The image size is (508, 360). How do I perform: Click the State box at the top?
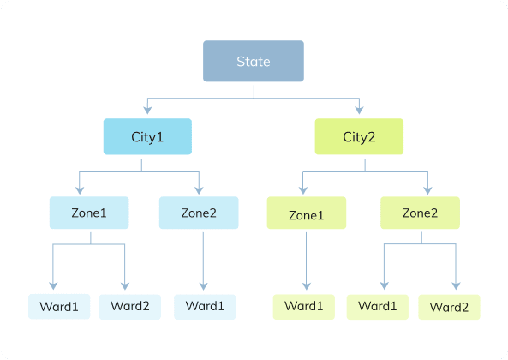[x=254, y=61]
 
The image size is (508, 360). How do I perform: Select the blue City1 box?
[x=147, y=136]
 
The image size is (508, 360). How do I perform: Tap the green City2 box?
[x=359, y=136]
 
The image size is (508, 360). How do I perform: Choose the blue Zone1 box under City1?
[x=89, y=213]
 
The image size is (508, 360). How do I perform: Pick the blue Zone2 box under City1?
[x=199, y=213]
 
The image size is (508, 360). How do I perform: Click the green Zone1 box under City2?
[x=307, y=213]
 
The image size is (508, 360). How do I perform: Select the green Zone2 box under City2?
[x=420, y=213]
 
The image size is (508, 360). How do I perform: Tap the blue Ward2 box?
[x=130, y=307]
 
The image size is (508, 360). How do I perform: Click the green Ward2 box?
[x=450, y=307]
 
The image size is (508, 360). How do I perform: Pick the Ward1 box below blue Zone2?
[x=205, y=307]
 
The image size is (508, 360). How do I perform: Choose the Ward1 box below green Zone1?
[x=304, y=307]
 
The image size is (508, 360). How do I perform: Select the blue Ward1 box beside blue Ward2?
[x=59, y=307]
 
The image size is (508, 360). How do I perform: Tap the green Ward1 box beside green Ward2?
[x=378, y=307]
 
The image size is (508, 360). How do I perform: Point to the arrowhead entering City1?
[x=147, y=111]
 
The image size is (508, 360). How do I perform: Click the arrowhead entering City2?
[x=359, y=111]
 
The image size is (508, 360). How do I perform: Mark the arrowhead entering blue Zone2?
[x=199, y=190]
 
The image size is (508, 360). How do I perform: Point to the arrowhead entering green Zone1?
[x=303, y=190]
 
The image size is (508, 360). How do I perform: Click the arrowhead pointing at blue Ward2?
[x=125, y=286]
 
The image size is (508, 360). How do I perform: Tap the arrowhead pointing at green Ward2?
[x=456, y=286]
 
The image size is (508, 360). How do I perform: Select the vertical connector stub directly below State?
[x=254, y=92]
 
